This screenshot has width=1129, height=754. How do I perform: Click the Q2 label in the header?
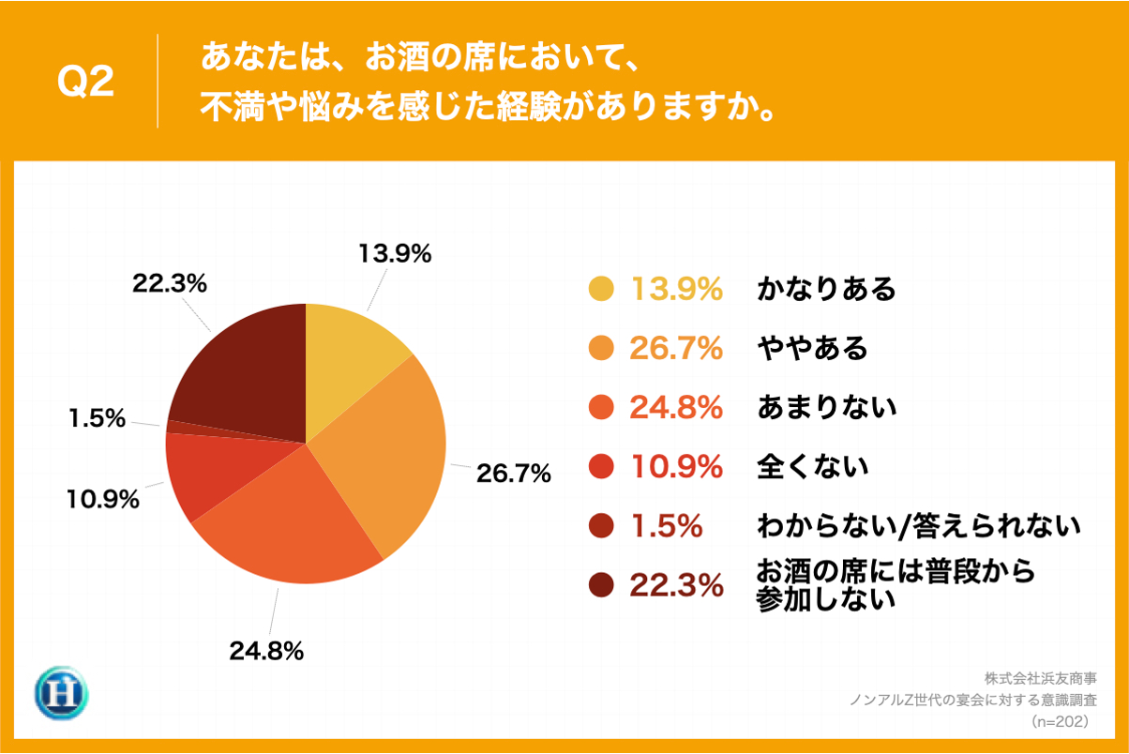click(85, 83)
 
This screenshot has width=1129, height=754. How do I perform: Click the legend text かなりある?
click(826, 289)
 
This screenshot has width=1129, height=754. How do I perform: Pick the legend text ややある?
click(812, 348)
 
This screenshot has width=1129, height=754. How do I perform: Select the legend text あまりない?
click(826, 407)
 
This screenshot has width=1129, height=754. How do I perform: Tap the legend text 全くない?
click(812, 466)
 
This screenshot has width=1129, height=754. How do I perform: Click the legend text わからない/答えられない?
click(918, 526)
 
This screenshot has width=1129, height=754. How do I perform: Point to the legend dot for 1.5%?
click(601, 526)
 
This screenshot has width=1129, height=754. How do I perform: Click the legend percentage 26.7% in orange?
click(676, 348)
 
